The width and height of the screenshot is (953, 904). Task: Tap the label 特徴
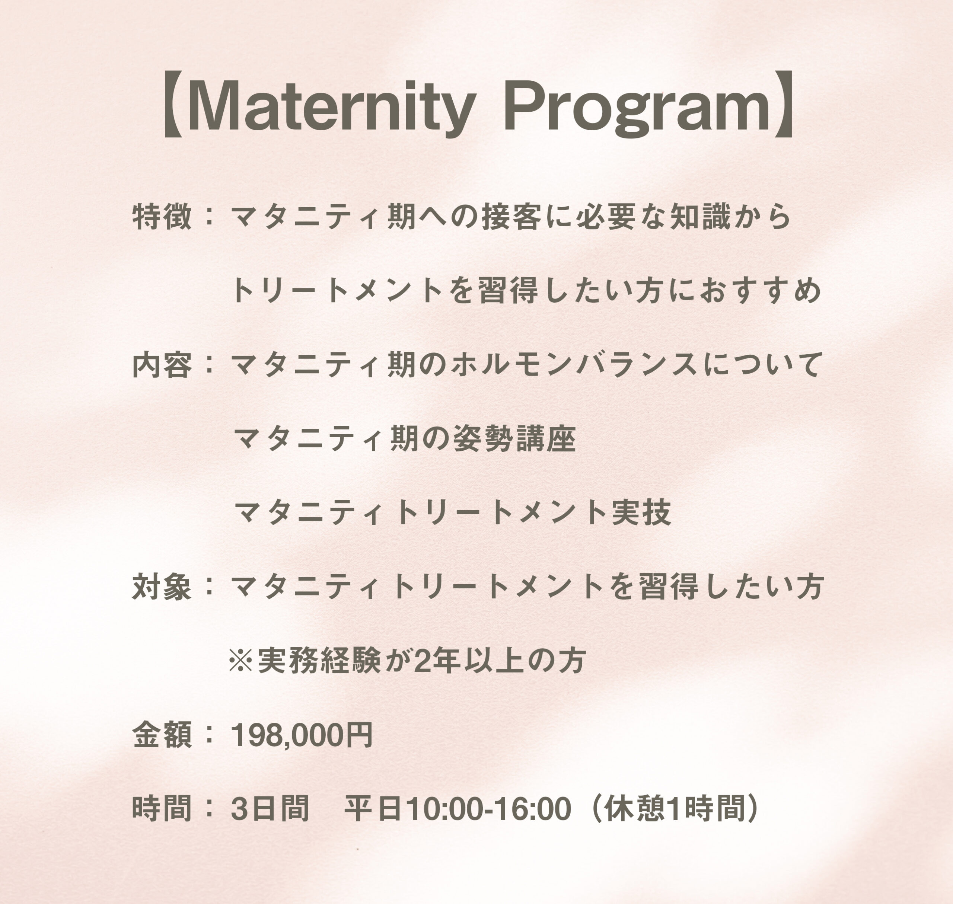point(162,217)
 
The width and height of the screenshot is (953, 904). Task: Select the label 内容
point(162,365)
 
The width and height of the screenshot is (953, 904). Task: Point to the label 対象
point(162,587)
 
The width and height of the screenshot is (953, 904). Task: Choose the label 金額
point(162,735)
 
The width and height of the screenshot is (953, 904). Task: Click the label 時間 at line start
point(162,809)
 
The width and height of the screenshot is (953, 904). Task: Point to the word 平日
point(373,809)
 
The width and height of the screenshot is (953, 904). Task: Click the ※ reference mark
point(241,661)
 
